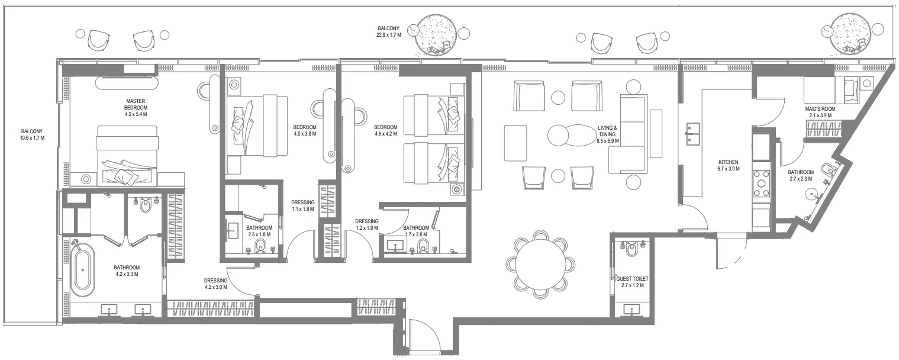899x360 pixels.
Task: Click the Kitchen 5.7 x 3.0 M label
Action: click(x=729, y=165)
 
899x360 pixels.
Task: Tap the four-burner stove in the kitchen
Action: click(x=761, y=184)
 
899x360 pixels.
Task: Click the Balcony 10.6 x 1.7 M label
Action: click(x=32, y=134)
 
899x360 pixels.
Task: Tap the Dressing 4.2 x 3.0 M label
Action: click(x=216, y=284)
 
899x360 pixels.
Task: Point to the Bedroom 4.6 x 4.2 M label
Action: click(x=385, y=130)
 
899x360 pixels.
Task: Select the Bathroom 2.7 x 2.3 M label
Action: click(x=801, y=175)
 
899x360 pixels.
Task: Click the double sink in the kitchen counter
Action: click(x=692, y=134)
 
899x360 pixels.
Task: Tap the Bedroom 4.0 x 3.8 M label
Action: click(x=305, y=130)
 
